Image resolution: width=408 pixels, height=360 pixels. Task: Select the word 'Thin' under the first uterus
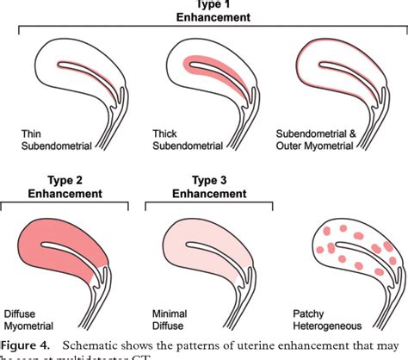pos(32,134)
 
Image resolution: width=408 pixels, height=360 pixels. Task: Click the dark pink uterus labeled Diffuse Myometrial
pos(69,258)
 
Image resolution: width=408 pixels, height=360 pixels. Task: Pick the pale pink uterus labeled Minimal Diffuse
pos(207,258)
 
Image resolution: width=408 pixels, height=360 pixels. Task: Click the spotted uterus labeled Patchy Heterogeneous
pos(349,258)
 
